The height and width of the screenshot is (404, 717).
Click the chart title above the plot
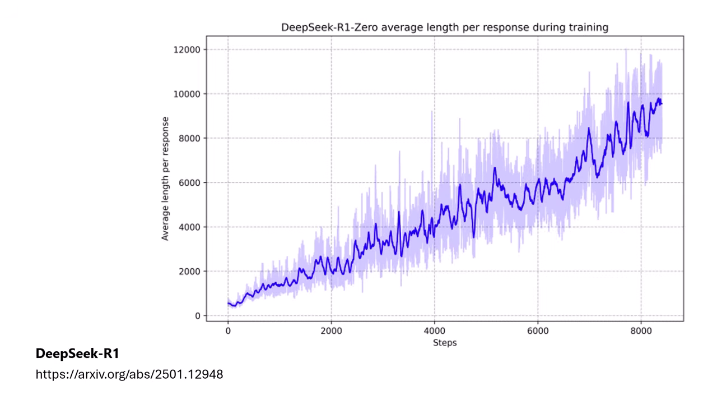coord(444,27)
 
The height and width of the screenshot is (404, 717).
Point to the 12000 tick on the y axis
coord(187,49)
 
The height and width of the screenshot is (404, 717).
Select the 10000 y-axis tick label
coord(187,94)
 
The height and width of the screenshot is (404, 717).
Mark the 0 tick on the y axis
coord(198,316)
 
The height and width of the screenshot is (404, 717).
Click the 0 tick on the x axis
coord(228,331)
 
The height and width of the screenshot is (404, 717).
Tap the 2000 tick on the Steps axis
coord(331,331)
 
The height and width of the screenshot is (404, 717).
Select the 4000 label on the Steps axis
coord(435,331)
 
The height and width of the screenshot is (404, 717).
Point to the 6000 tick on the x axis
coord(538,331)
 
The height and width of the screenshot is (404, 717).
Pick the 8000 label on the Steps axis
coord(641,331)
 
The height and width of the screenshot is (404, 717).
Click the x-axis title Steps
coord(445,342)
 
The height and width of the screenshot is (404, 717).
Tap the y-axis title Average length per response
coord(165,178)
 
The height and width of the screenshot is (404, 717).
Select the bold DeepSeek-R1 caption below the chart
coord(77,354)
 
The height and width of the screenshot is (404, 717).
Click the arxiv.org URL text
coord(129,374)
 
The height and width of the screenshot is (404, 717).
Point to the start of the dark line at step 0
coord(228,303)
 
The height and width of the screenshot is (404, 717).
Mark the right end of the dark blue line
coord(662,104)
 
